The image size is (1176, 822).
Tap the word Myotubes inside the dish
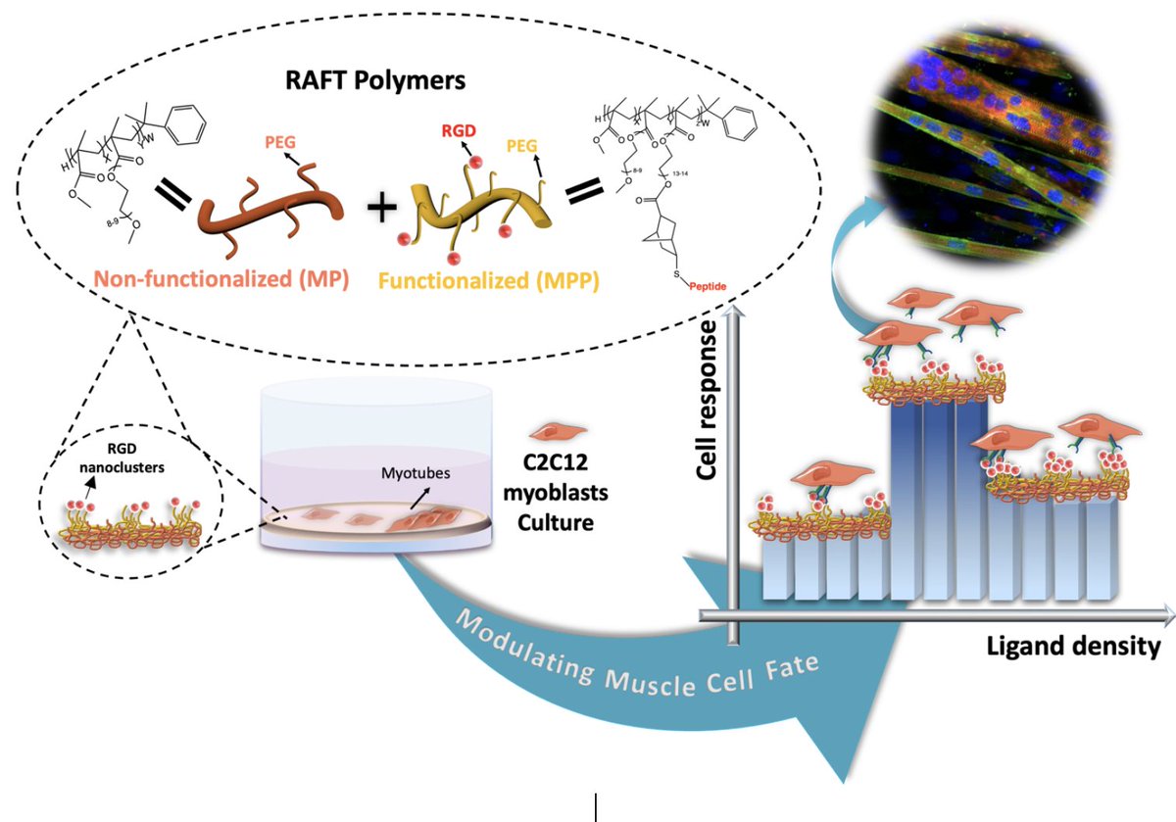(412, 473)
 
